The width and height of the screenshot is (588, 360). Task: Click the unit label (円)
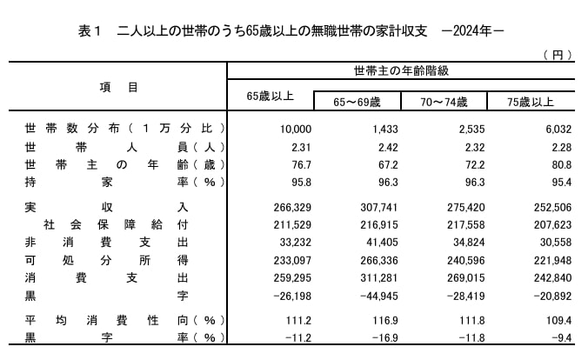(557, 55)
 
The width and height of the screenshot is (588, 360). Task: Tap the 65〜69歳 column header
(357, 102)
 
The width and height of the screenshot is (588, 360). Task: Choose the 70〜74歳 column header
(444, 102)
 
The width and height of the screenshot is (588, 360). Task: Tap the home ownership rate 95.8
(299, 183)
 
